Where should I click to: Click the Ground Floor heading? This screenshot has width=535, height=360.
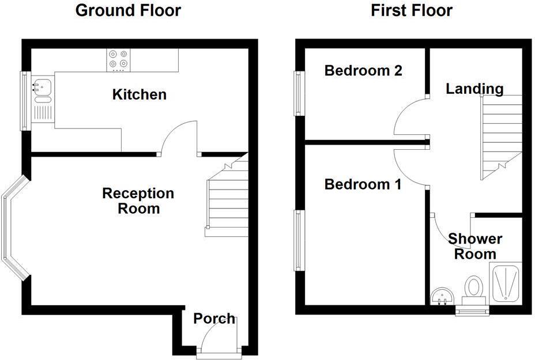128,10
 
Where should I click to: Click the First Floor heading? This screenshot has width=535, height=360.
412,10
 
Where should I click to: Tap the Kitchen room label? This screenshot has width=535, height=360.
140,94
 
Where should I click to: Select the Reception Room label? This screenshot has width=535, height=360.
138,200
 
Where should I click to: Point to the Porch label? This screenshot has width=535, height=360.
214,319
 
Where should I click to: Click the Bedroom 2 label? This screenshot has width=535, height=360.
363,71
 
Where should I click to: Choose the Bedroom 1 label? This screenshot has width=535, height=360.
363,184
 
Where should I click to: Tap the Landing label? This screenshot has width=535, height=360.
474,89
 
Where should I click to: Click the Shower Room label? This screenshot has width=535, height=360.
475,247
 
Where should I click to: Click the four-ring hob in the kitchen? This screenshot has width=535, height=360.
118,60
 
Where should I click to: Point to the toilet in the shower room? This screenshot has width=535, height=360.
475,288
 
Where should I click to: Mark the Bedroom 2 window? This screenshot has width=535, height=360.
299,93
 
